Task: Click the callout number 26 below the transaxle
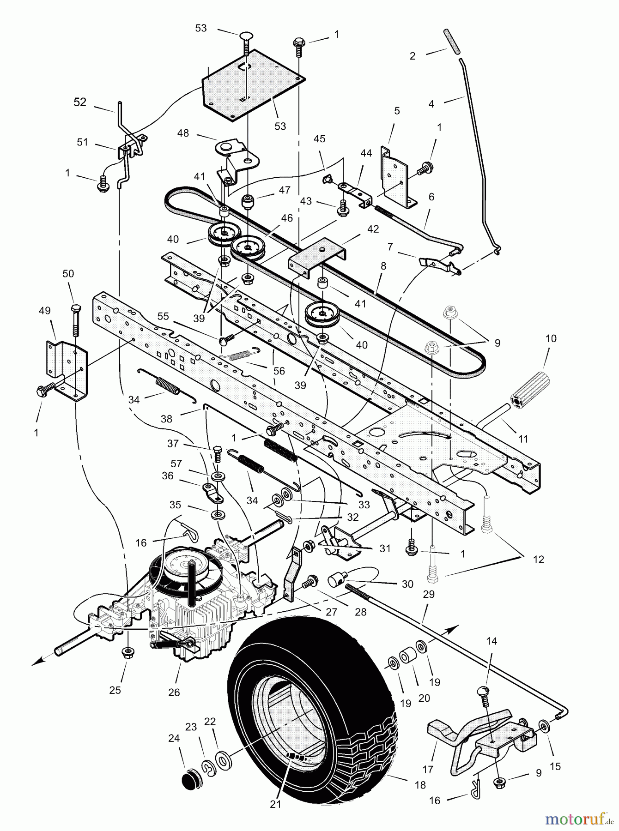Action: coord(174,692)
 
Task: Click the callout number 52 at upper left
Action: coord(80,102)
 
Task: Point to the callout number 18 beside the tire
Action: coord(420,784)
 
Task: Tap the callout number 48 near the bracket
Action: coord(183,133)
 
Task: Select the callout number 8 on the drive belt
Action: coord(383,266)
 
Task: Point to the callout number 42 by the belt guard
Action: coord(372,229)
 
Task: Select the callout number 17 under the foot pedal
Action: coord(428,769)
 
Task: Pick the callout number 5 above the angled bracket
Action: coord(397,111)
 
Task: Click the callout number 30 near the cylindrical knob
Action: coord(407,584)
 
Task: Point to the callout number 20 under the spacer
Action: coord(424,698)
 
